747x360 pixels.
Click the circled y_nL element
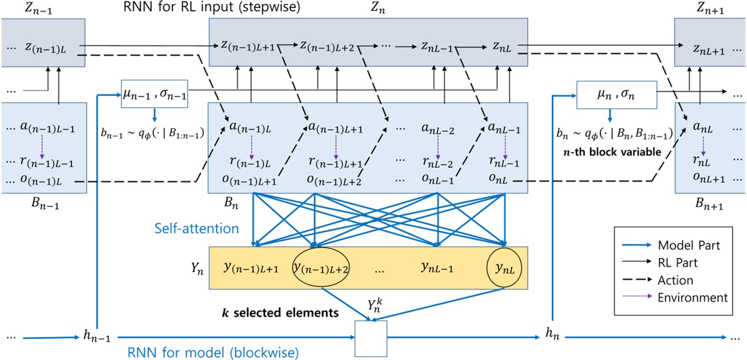(504, 269)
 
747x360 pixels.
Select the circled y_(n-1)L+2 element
(323, 269)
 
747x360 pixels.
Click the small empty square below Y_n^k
(370, 338)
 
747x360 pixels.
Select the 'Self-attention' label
(196, 228)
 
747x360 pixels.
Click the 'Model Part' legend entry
(688, 245)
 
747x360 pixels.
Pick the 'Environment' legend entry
(692, 298)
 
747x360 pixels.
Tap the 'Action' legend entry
(675, 280)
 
